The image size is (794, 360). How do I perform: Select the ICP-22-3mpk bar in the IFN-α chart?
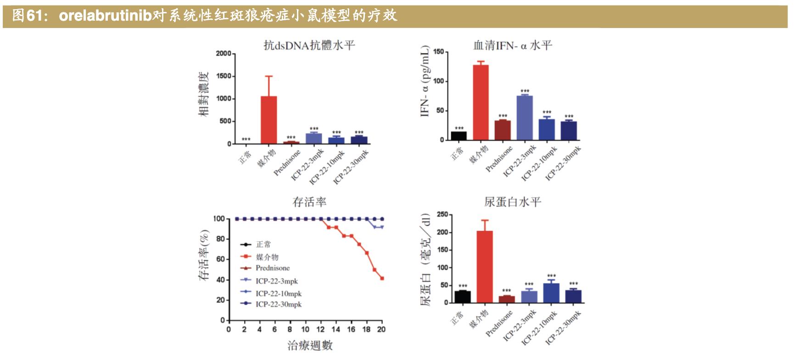(x=525, y=118)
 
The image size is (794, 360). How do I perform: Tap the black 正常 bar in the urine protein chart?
(x=463, y=297)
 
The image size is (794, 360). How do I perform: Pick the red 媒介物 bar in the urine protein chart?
(x=485, y=267)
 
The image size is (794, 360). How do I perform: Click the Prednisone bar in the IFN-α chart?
(x=503, y=130)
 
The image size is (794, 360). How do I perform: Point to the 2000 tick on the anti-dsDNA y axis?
(x=224, y=54)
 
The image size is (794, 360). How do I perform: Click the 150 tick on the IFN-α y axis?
(x=438, y=52)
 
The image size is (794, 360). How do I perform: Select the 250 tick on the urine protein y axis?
(x=442, y=214)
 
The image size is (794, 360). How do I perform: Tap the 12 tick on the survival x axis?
(x=320, y=329)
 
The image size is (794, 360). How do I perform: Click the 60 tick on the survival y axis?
(x=220, y=259)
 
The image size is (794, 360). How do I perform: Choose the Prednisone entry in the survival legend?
(x=273, y=268)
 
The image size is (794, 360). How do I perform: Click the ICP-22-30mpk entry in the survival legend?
(x=278, y=304)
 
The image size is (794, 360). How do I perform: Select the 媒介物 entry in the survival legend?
(x=267, y=257)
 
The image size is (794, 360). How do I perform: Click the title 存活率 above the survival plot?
(x=309, y=202)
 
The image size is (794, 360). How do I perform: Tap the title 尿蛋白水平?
(x=513, y=202)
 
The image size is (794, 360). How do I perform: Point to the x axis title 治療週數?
(x=310, y=346)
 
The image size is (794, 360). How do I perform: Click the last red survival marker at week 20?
(x=382, y=278)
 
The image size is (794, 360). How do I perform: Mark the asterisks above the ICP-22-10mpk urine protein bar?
(x=551, y=276)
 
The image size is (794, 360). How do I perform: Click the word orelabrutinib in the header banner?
(x=106, y=16)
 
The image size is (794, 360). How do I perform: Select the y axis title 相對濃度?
(x=203, y=94)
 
